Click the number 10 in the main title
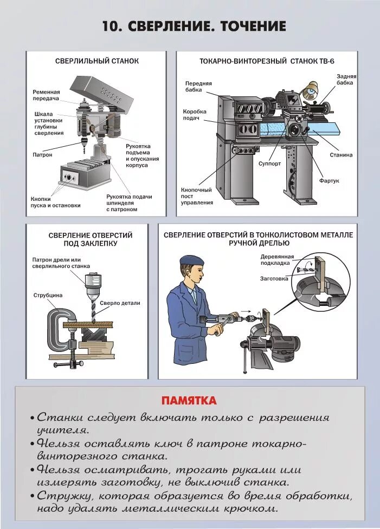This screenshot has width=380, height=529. [x=111, y=26]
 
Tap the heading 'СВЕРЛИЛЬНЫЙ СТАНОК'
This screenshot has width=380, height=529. [x=97, y=61]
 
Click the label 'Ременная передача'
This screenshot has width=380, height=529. [x=46, y=96]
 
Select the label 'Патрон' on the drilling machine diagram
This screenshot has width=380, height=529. [x=42, y=155]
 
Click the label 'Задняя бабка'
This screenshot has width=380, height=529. [x=345, y=80]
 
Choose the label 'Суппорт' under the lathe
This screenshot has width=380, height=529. [x=269, y=162]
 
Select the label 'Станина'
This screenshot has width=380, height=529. [x=341, y=155]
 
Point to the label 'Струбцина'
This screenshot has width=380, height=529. [x=48, y=295]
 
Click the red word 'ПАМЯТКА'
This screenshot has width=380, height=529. [x=189, y=401]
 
